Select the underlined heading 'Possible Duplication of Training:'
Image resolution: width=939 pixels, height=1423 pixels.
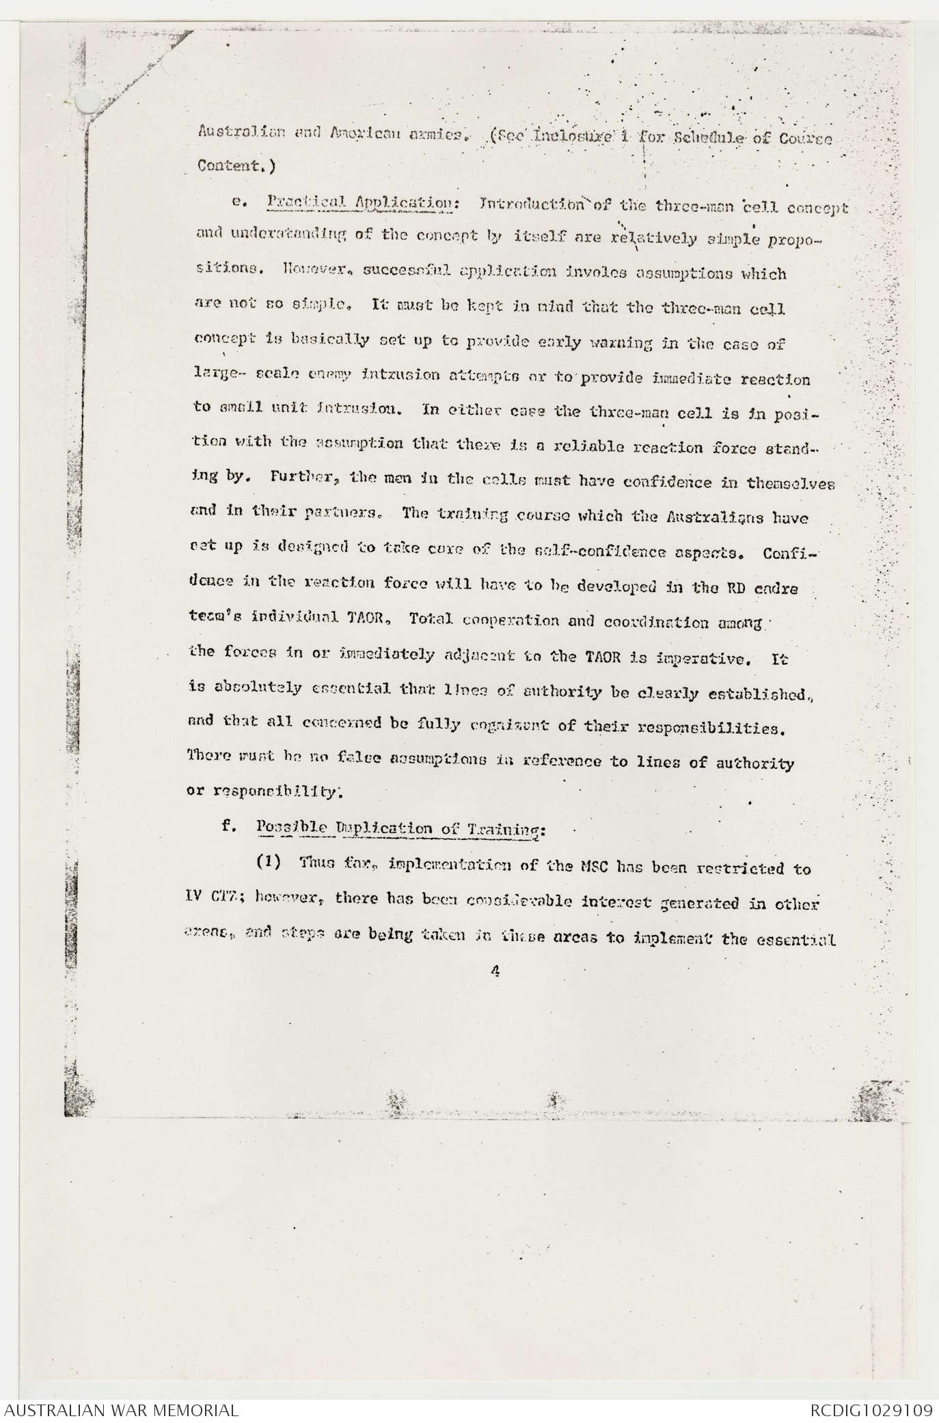pyautogui.click(x=401, y=828)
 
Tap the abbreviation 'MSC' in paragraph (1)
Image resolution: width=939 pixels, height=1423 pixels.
pyautogui.click(x=590, y=869)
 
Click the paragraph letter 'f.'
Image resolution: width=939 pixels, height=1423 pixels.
pyautogui.click(x=229, y=826)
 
